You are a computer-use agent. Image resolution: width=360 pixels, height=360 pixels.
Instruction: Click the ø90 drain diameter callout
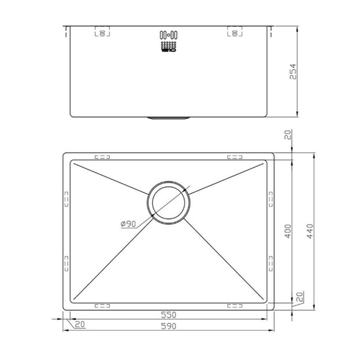[130, 223]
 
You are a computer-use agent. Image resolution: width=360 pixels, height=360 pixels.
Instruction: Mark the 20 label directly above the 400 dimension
[287, 136]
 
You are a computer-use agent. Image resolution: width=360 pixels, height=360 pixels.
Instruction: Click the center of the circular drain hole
[169, 203]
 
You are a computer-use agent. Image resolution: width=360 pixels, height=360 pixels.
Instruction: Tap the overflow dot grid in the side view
[169, 45]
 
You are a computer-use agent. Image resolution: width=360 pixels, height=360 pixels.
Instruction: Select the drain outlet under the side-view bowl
[169, 116]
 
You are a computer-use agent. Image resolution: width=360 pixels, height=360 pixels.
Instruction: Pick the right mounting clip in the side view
[235, 32]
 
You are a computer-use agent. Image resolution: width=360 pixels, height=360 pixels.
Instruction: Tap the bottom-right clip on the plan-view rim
[235, 305]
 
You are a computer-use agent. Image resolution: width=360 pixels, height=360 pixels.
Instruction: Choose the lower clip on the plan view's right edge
[271, 262]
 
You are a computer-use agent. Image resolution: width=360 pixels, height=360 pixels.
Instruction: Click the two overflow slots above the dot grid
[169, 34]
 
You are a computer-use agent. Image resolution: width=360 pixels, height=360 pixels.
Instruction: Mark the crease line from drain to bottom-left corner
[112, 261]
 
